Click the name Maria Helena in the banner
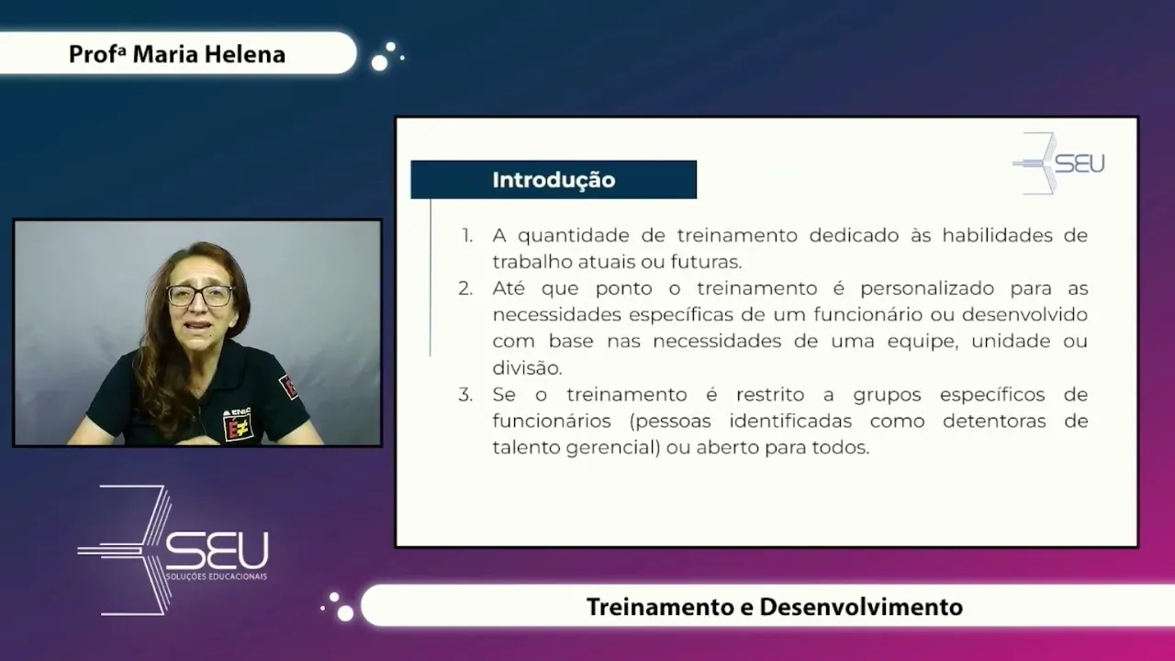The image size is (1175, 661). [208, 54]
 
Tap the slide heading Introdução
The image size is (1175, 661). [554, 180]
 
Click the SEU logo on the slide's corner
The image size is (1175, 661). [1058, 163]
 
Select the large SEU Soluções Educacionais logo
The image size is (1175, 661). [173, 550]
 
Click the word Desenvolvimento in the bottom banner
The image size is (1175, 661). [861, 607]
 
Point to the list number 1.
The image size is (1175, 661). [467, 236]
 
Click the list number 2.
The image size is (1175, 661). [465, 288]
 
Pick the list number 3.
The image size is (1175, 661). [465, 395]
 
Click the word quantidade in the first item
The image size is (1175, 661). [574, 236]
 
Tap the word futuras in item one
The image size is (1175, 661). [706, 262]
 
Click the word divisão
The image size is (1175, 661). [527, 367]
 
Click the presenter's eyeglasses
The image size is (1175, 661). [200, 296]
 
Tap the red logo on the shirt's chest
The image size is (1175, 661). [238, 424]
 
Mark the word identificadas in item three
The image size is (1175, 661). [790, 421]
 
